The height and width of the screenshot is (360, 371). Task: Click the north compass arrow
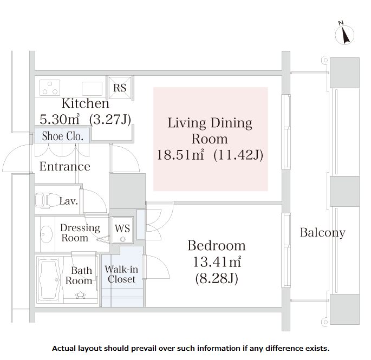[345, 36]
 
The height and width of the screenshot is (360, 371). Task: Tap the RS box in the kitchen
[120, 87]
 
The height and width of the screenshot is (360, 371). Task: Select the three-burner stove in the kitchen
[50, 88]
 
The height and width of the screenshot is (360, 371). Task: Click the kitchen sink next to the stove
[92, 88]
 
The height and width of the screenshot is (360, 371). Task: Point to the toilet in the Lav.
[45, 201]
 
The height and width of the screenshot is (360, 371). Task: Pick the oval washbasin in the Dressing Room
[47, 234]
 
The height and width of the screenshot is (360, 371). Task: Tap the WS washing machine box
[122, 230]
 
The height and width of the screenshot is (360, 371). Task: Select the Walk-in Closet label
[121, 274]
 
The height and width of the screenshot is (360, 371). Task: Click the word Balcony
[322, 233]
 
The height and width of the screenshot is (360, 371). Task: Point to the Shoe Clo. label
[63, 136]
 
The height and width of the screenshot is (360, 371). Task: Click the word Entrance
[65, 166]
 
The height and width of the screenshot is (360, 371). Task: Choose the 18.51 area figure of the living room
[180, 155]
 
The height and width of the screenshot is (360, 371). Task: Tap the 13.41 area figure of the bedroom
[217, 261]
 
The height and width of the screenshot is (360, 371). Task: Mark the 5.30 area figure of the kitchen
[60, 119]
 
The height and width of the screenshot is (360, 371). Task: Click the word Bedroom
[217, 246]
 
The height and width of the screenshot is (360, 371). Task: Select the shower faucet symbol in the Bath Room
[81, 295]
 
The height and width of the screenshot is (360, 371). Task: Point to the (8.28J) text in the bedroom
[217, 278]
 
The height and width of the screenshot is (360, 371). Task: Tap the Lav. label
[69, 201]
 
